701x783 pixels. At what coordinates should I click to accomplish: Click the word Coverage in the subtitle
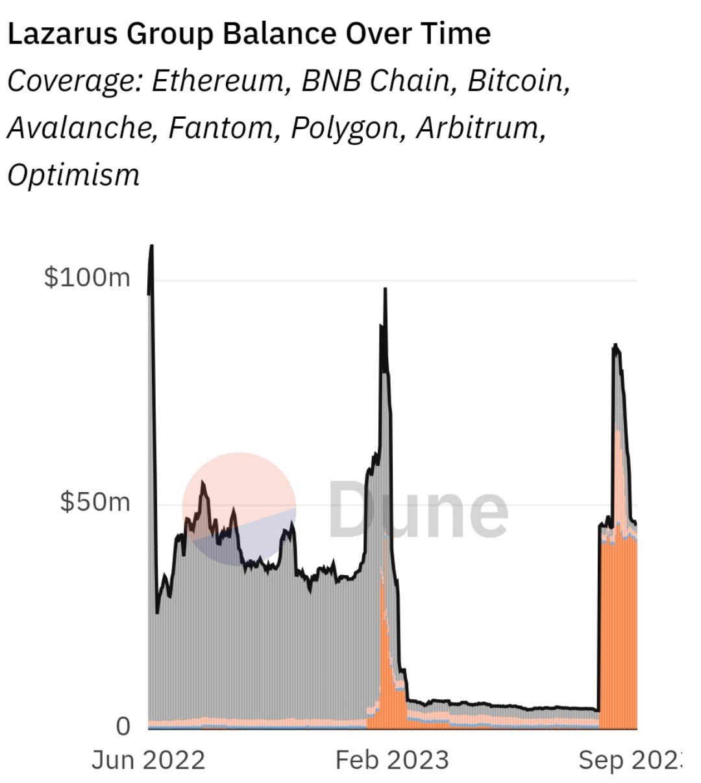tap(72, 82)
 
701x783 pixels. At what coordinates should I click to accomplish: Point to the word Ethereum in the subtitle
tap(220, 82)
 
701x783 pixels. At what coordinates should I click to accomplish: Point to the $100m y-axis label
tap(87, 278)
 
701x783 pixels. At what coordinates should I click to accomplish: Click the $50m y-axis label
tap(95, 502)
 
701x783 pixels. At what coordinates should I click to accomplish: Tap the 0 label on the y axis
tap(123, 727)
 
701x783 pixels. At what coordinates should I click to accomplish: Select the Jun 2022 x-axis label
tap(148, 760)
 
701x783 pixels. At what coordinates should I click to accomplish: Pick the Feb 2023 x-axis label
tap(391, 760)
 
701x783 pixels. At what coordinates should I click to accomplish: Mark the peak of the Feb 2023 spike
tap(386, 289)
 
